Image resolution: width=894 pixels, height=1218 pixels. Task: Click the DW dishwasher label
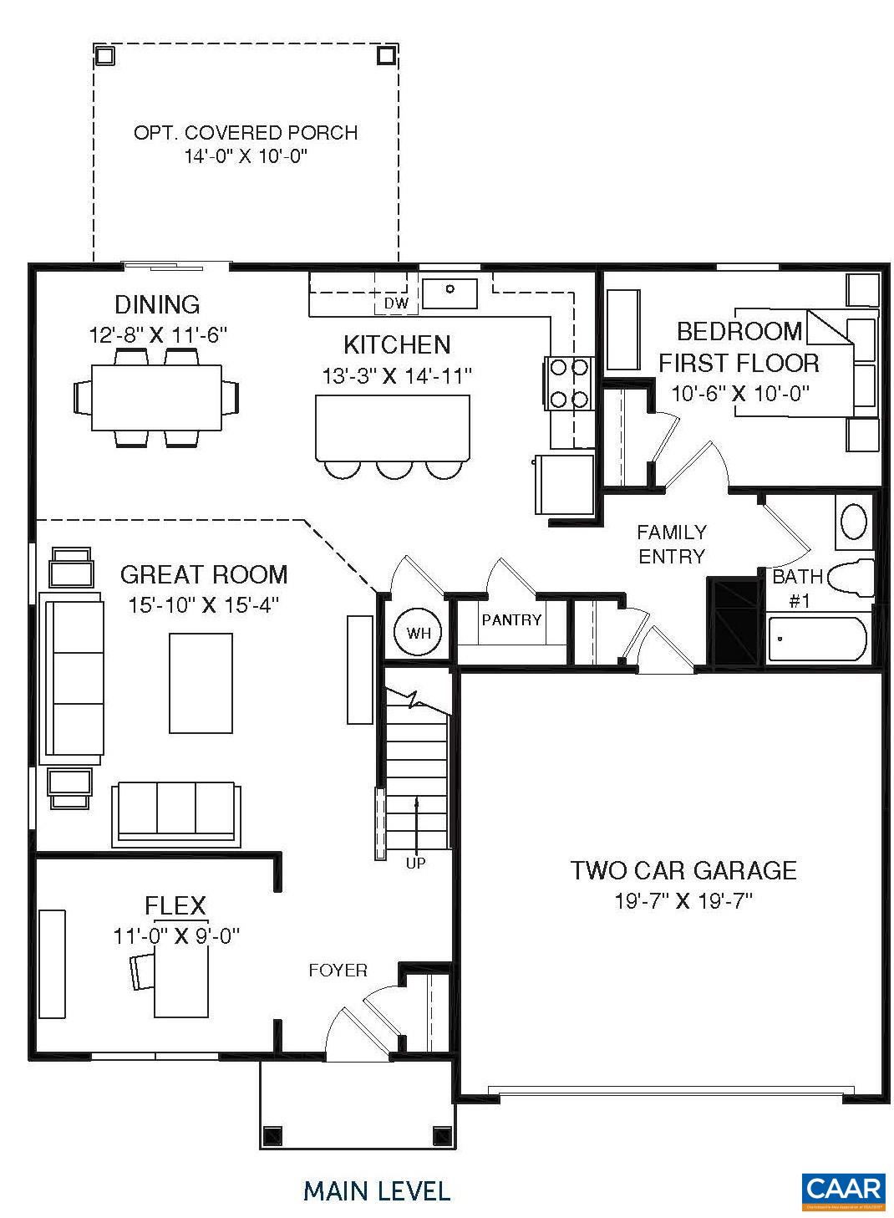tap(397, 303)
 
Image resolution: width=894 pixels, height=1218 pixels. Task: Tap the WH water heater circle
tap(419, 633)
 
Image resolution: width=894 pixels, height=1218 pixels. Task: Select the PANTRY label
tap(511, 620)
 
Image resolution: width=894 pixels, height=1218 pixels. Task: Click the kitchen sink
tap(450, 292)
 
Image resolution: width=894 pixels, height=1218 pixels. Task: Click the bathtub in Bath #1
tap(817, 639)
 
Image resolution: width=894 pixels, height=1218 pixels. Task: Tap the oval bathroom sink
tap(854, 521)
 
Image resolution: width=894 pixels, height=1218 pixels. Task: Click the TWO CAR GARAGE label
tap(683, 870)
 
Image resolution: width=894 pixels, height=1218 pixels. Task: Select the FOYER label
tap(338, 970)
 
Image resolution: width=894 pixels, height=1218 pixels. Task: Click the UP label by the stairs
tap(415, 863)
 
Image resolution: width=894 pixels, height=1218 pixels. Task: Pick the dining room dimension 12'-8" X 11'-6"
tap(159, 335)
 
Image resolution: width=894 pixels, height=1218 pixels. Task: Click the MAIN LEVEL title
tap(377, 1190)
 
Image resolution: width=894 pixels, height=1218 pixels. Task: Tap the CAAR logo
tap(843, 1190)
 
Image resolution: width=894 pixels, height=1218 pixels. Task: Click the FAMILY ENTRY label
tap(672, 543)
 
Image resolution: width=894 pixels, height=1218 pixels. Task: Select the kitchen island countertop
tap(392, 426)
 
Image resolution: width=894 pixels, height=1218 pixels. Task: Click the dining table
tap(156, 396)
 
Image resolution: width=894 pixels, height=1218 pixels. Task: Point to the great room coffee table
tap(201, 683)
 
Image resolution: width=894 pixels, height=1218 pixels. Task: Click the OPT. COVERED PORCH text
tap(246, 132)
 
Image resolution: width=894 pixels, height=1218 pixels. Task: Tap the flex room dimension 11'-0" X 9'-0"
tap(176, 935)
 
